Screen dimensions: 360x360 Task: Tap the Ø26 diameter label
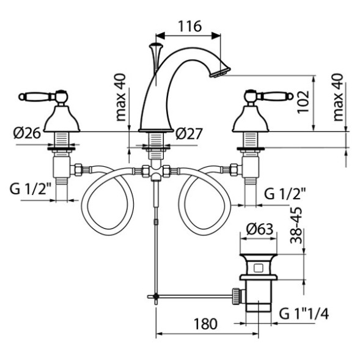[x=28, y=133]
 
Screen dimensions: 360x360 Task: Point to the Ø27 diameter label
[x=189, y=134]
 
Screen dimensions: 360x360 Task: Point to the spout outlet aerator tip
[x=219, y=72]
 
